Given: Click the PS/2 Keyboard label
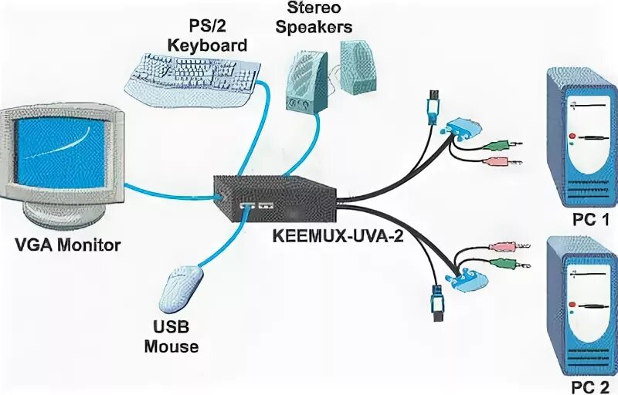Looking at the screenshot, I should (207, 35).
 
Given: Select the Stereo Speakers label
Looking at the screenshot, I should (318, 18).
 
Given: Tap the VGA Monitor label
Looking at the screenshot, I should (68, 246).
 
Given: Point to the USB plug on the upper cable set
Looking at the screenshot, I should (433, 104).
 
